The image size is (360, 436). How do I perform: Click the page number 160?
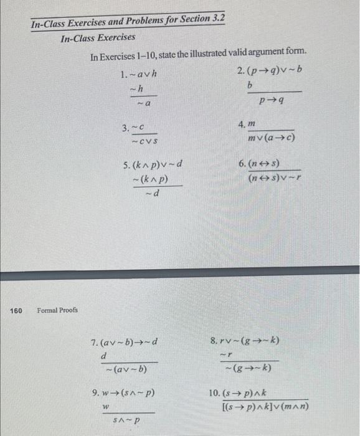tap(17, 310)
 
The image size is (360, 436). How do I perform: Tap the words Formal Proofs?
tap(57, 310)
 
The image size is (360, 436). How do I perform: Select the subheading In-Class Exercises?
tap(98, 38)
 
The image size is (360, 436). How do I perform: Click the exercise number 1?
tap(123, 75)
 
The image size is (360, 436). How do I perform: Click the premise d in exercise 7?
tap(104, 356)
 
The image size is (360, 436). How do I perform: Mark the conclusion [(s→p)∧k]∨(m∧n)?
tap(265, 408)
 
